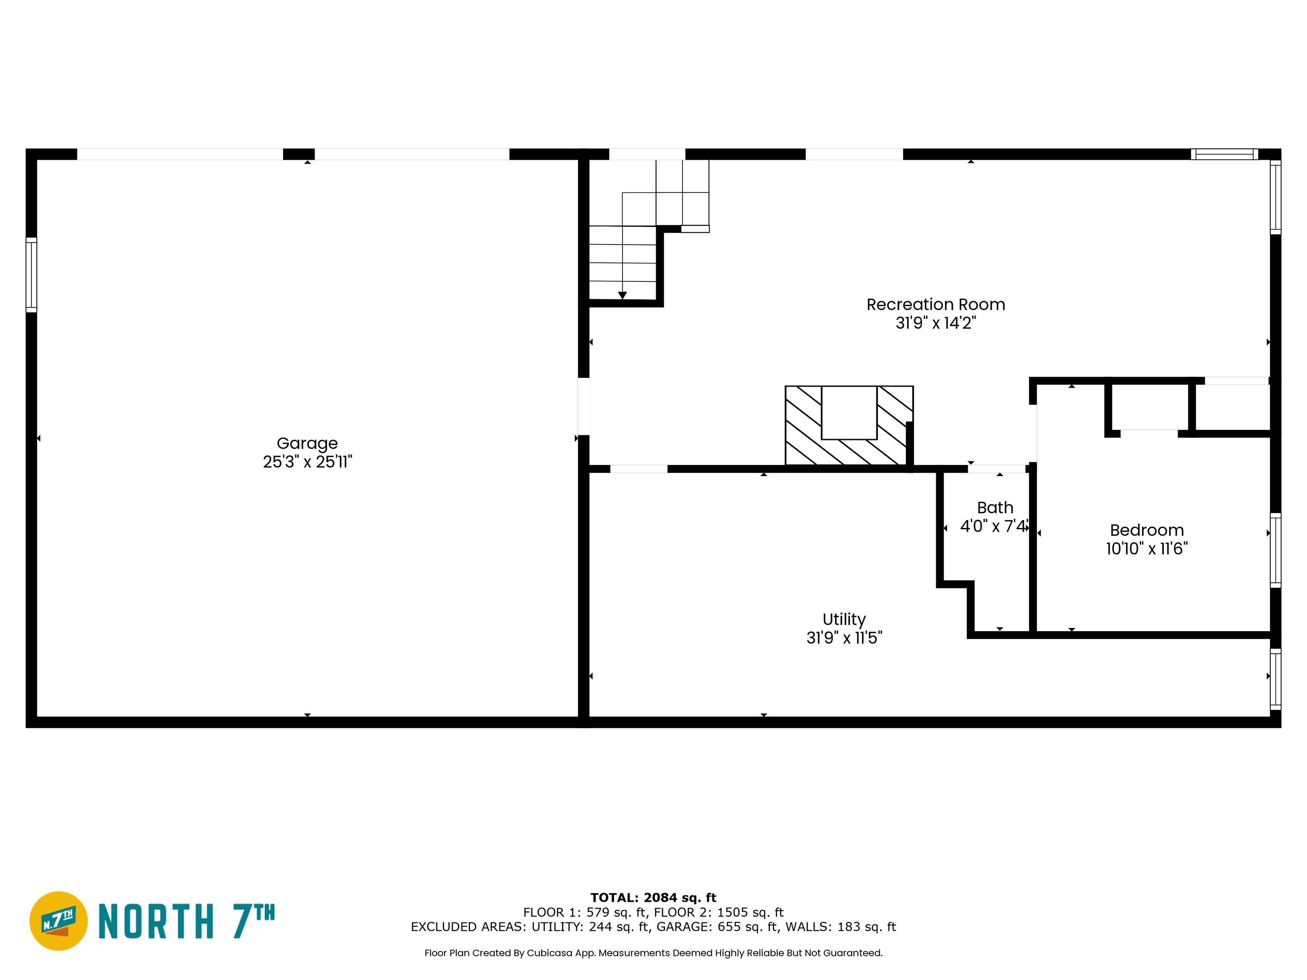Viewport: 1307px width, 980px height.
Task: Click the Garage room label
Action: [x=307, y=443]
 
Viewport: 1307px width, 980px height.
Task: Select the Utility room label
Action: [x=844, y=619]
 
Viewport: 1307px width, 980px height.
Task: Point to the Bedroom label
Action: [x=1146, y=530]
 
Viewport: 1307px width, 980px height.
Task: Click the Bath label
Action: [x=995, y=507]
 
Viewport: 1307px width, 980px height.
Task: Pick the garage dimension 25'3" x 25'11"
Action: [x=307, y=462]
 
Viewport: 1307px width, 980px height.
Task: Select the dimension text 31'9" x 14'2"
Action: [x=935, y=322]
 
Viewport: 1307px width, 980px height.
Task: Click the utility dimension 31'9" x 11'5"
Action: [x=844, y=638]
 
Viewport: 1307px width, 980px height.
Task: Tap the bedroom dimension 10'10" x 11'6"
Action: [x=1146, y=548]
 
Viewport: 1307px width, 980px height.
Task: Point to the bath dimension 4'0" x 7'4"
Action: [x=995, y=526]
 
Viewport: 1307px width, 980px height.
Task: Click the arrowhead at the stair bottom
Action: [x=622, y=295]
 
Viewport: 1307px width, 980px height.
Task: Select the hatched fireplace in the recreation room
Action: [x=848, y=425]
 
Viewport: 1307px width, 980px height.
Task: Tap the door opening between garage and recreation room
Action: [x=583, y=406]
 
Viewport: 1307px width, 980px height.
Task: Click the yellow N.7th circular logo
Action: [x=58, y=921]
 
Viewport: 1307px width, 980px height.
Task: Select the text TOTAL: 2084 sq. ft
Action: [x=653, y=898]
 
